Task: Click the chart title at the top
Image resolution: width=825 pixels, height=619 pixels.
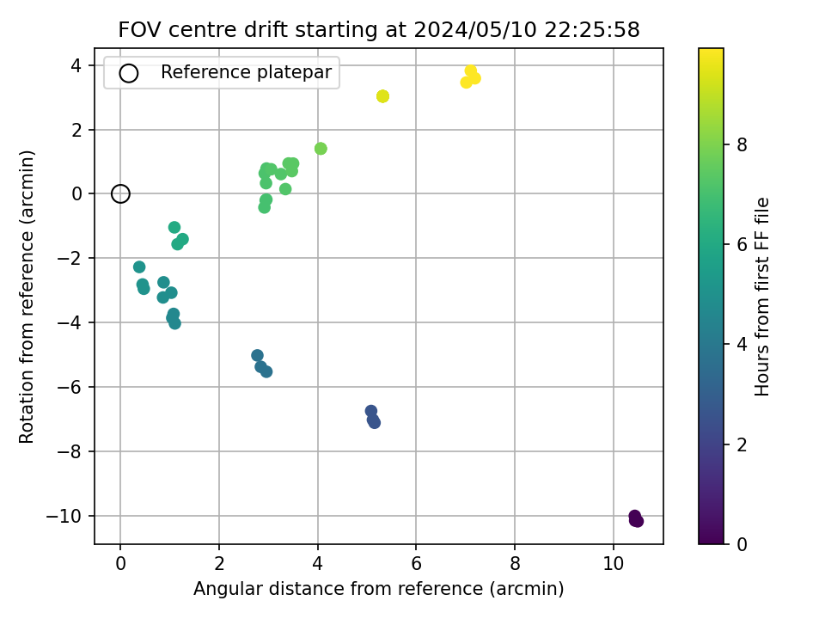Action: (x=379, y=29)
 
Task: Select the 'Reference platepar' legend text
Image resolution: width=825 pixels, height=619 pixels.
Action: (x=247, y=72)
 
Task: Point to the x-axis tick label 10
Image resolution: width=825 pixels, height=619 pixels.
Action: (x=614, y=564)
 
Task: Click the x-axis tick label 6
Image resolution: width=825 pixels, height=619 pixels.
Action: (x=416, y=564)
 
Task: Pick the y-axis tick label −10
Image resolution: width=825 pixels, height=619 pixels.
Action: (x=64, y=517)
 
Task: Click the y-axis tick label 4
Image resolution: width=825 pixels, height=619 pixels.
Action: (x=77, y=66)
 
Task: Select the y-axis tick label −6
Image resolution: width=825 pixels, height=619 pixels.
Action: (x=70, y=388)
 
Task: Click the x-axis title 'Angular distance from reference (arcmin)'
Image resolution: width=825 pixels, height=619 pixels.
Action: (x=379, y=588)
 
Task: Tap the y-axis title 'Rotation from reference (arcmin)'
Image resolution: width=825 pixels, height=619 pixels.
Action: (x=27, y=297)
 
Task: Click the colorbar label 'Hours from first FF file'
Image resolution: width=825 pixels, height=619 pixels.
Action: (x=762, y=297)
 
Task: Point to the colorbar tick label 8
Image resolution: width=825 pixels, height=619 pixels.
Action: (x=742, y=144)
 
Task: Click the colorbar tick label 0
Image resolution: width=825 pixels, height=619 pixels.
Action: (x=742, y=544)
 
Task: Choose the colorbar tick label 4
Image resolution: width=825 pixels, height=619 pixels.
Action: (x=742, y=345)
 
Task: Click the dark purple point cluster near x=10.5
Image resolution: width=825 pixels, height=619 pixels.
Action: (x=636, y=519)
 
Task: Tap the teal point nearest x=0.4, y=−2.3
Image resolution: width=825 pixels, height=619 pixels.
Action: (x=139, y=267)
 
